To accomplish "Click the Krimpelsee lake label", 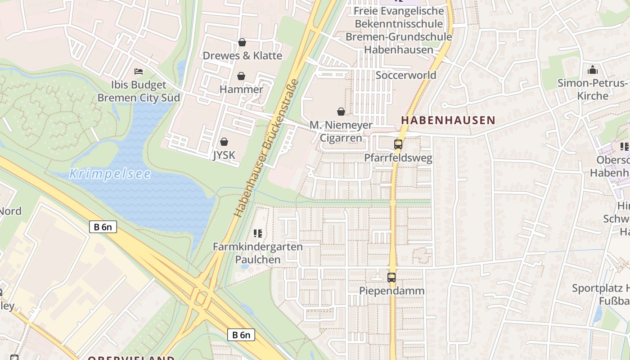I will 110,174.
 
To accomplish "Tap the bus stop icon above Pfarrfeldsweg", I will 398,144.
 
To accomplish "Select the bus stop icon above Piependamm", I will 391,278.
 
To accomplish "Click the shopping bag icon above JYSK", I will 224,142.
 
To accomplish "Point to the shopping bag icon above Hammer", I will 241,76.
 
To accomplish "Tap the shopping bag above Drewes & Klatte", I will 242,42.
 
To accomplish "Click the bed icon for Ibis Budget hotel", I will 139,72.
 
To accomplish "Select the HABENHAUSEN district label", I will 448,120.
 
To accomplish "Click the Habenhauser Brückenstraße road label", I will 267,148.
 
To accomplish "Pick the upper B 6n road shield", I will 103,227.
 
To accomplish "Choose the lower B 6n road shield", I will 241,335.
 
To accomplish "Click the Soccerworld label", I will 406,75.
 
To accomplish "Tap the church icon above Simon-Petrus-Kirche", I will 593,70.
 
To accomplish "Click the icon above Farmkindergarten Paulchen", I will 258,233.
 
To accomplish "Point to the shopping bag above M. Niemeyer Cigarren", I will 341,111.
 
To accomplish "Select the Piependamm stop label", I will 391,291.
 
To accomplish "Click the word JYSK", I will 224,155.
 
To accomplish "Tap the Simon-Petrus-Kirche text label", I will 592,89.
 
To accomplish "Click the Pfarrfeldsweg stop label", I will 398,158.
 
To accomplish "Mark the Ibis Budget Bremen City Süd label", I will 139,91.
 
